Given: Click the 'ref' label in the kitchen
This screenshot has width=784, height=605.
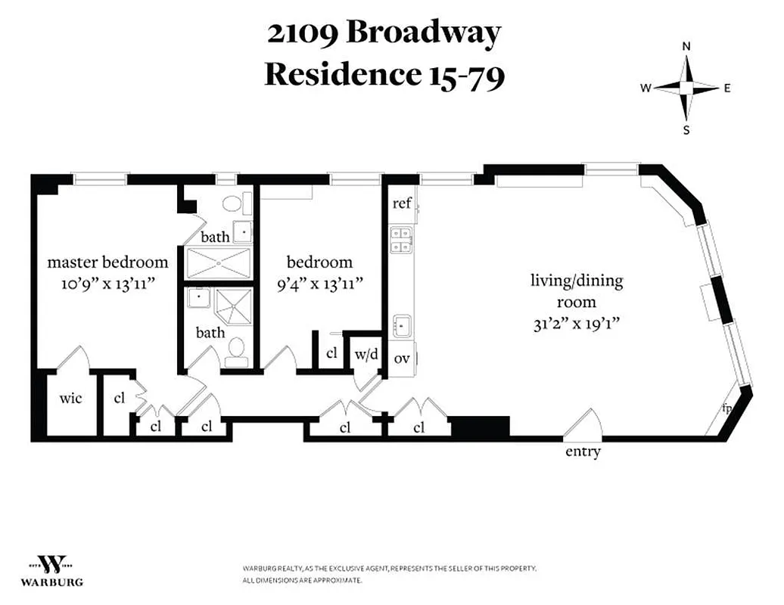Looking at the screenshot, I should (x=402, y=203).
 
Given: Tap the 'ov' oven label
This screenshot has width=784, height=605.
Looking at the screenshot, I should (x=402, y=358).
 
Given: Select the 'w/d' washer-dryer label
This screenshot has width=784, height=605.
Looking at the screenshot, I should (x=366, y=355).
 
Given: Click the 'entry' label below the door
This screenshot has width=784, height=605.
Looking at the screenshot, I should (x=583, y=452).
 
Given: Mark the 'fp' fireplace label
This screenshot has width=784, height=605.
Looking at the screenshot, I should (x=727, y=409).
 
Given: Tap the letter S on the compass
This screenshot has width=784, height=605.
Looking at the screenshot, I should (x=686, y=129).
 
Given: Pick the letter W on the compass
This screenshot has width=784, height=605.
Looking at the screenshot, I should (x=646, y=88).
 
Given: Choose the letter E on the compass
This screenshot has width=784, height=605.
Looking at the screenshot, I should (x=726, y=88).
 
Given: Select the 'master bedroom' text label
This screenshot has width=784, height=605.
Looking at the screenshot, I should (x=107, y=262).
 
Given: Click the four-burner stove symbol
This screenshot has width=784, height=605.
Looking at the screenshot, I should (x=400, y=239).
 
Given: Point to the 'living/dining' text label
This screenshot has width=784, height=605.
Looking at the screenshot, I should (x=577, y=281).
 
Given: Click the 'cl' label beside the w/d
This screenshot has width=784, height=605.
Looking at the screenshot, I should (x=331, y=353).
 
